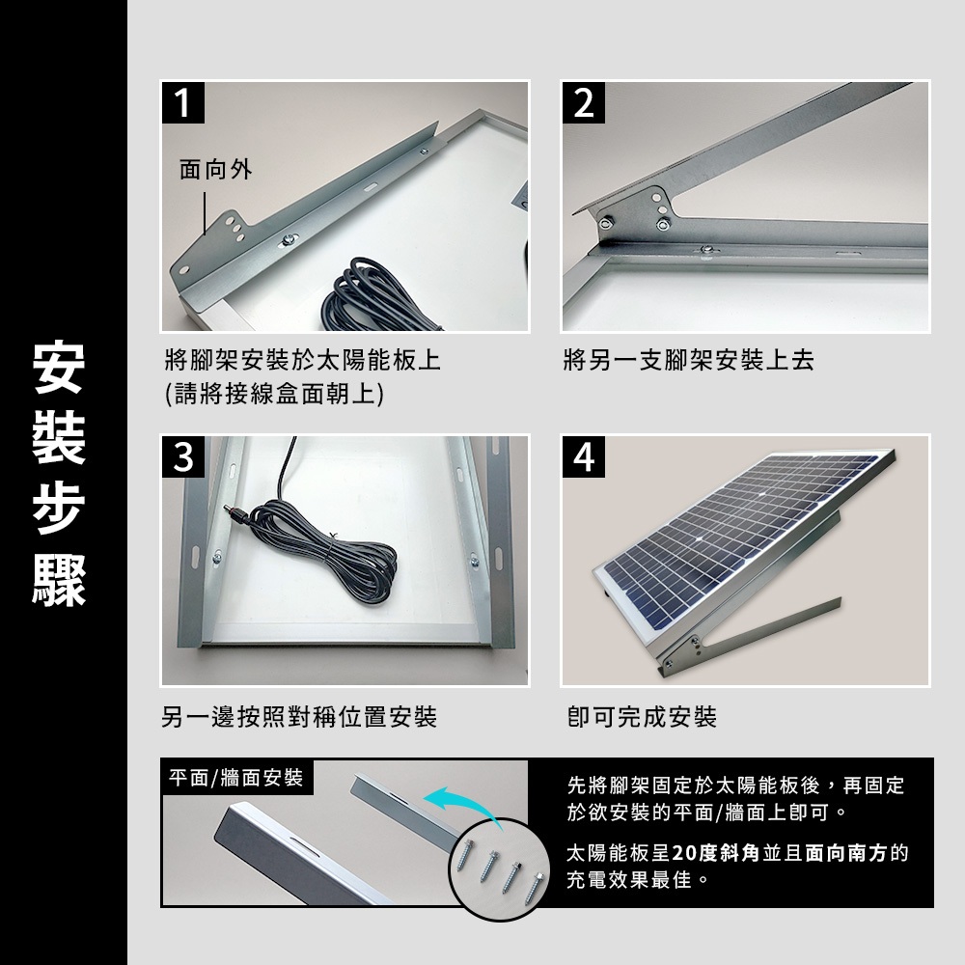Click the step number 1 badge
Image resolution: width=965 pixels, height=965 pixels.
pos(182,103)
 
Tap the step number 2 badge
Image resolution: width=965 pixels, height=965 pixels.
pos(584,103)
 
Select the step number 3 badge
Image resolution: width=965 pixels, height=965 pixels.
pos(182,456)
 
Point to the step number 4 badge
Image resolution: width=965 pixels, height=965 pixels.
pos(584,456)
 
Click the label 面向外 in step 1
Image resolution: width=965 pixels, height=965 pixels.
pos(215,169)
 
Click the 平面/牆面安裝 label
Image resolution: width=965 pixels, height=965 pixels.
pos(236,778)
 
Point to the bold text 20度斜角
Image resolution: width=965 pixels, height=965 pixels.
pos(716,853)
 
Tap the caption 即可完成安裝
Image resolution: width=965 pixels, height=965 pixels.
pos(642,717)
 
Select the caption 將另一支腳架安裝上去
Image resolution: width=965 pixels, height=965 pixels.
pos(689,360)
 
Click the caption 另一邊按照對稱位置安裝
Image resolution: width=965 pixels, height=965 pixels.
pos(299,717)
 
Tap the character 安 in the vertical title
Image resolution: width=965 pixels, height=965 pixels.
pos(59,367)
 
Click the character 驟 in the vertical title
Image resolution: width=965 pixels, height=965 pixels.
pos(59,580)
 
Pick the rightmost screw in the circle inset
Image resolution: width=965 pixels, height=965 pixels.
pos(535,887)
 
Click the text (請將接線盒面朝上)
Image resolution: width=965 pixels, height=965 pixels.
pos(274,394)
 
